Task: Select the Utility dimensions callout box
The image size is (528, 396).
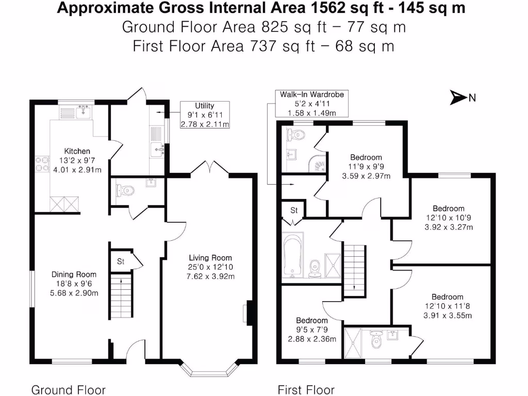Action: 205,114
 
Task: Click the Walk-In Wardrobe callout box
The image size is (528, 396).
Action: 311,103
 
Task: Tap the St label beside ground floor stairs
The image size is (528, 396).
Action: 121,261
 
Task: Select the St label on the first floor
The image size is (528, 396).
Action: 294,210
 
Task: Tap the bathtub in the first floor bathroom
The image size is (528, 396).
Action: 293,255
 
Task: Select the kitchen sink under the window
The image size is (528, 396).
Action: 81,111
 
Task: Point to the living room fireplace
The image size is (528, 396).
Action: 247,313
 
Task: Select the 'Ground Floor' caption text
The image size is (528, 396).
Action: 69,390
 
